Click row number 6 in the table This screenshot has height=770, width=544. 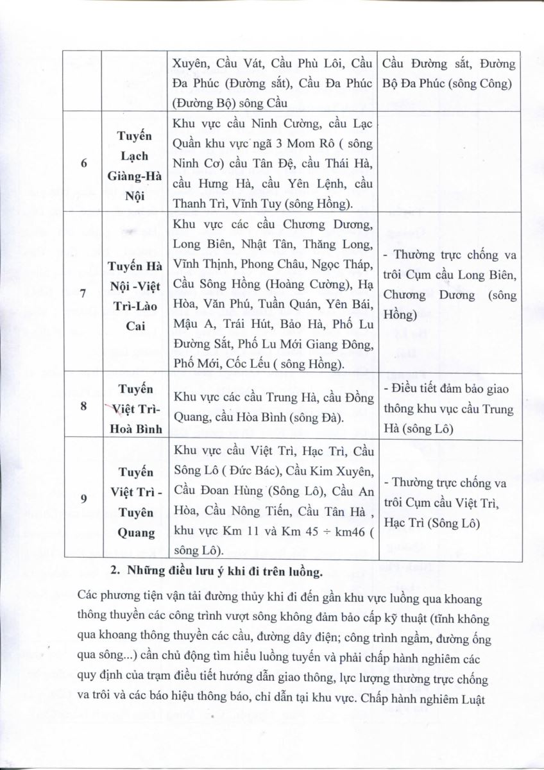tap(84, 163)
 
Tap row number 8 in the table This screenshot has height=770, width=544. tap(84, 406)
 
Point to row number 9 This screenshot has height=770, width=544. tap(84, 498)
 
